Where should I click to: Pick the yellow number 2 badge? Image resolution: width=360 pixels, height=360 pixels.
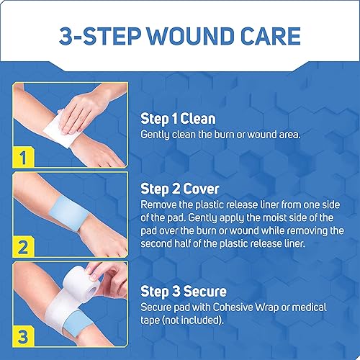coord(23,248)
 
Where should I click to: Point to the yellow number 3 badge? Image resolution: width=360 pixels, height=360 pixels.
coord(23,336)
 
